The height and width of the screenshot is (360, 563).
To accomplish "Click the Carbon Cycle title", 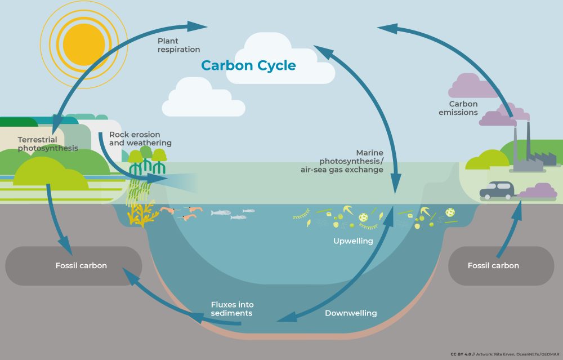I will (248, 65).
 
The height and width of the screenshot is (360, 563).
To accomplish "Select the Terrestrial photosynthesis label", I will (47, 144).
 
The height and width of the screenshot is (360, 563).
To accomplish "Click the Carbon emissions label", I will (463, 108).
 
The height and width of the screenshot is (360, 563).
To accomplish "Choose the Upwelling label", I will (353, 241).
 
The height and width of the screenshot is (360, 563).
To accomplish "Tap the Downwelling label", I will (351, 313).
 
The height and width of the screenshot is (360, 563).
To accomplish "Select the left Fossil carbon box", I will (73, 265).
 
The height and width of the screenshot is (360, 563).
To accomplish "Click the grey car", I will (497, 190).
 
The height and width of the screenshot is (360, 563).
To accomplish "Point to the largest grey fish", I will (221, 212).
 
